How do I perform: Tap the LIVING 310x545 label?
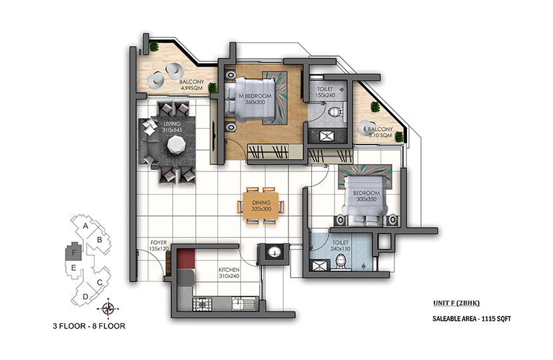[x=172, y=127]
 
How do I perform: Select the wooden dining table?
[x=261, y=205]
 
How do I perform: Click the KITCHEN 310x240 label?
[x=229, y=273]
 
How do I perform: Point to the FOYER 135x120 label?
[x=159, y=245]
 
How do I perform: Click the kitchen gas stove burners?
[x=202, y=304]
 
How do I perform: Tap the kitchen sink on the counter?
[x=243, y=303]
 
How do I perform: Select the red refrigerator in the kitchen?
[x=186, y=259]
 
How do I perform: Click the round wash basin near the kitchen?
[x=275, y=252]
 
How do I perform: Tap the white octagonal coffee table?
[x=176, y=145]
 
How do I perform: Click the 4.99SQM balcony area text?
[x=191, y=88]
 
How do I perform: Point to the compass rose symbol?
[x=108, y=309]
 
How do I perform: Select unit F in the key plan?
[x=74, y=251]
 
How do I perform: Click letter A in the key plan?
[x=85, y=226]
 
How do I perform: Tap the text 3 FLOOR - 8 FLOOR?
[x=89, y=326]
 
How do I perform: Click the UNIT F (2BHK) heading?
[x=456, y=303]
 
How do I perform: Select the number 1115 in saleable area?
[x=488, y=319]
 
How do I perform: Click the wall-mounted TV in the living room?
[x=214, y=137]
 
